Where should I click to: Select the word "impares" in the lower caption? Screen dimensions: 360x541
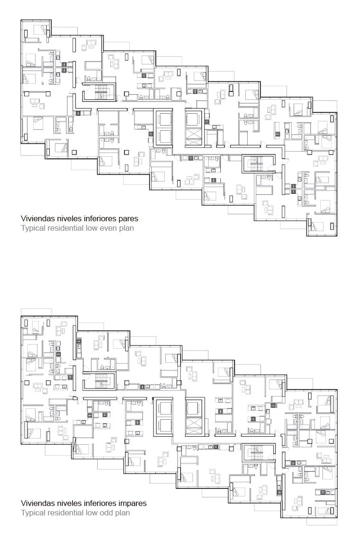pos(134,504)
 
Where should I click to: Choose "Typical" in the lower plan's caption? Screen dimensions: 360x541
pos(32,513)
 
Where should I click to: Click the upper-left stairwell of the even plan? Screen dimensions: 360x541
pos(101,92)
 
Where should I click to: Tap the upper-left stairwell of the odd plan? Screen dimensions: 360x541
pos(101,381)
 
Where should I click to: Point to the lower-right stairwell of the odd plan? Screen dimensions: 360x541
pos(258,452)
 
